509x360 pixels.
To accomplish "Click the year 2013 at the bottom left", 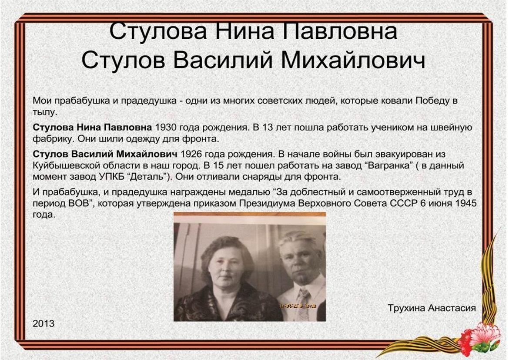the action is pyautogui.click(x=44, y=323).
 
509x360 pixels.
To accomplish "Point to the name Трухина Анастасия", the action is pyautogui.click(x=432, y=308).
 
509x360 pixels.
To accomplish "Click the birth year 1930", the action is pyautogui.click(x=166, y=128).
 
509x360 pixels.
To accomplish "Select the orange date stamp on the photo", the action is pyautogui.click(x=298, y=306).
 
